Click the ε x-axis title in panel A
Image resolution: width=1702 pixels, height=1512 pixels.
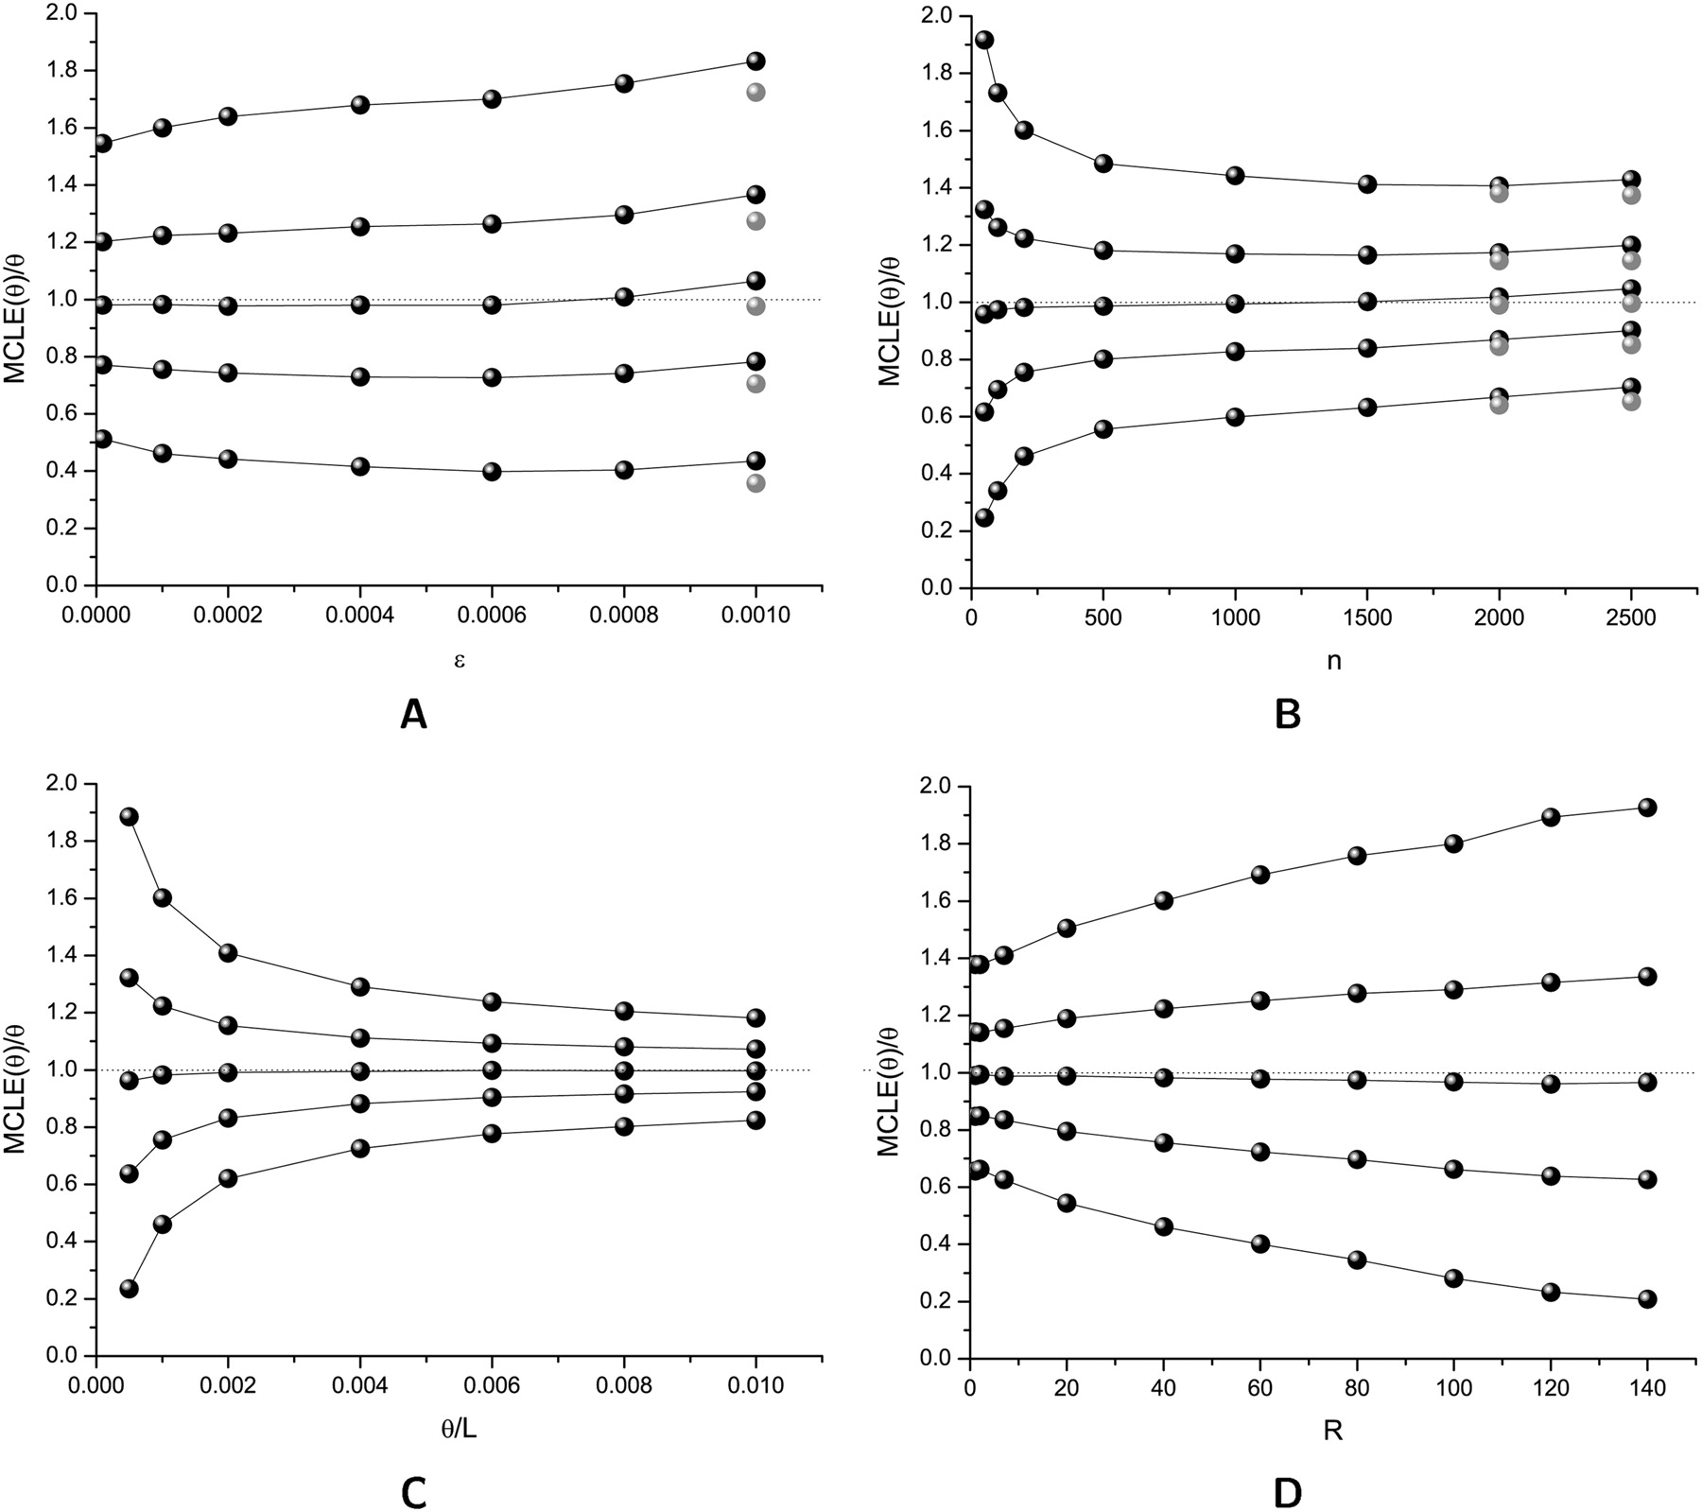[460, 660]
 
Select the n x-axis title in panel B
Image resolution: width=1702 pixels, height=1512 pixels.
[1334, 660]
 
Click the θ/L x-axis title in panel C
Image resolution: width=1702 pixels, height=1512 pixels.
[459, 1431]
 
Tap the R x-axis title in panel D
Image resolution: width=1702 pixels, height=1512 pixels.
[1334, 1431]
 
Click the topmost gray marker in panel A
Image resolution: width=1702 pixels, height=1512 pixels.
[755, 92]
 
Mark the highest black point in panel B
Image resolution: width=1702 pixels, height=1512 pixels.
[984, 40]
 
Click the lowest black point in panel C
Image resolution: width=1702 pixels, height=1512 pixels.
[130, 1288]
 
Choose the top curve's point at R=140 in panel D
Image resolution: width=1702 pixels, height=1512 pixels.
[1647, 808]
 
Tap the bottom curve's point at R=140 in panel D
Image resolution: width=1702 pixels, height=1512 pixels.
[1647, 1298]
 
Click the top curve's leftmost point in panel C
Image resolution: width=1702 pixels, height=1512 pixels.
[130, 816]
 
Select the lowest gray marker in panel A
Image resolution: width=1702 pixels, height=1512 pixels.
[755, 483]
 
